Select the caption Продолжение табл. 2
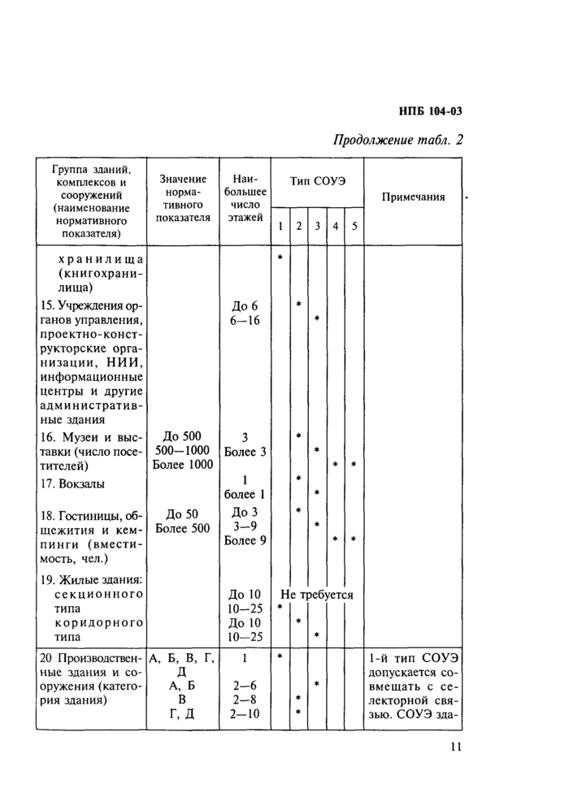tap(398, 140)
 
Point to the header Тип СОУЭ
tap(318, 180)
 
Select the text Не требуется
tap(317, 594)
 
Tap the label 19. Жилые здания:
tap(91, 579)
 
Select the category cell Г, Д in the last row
tap(183, 713)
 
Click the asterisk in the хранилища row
tap(280, 258)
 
